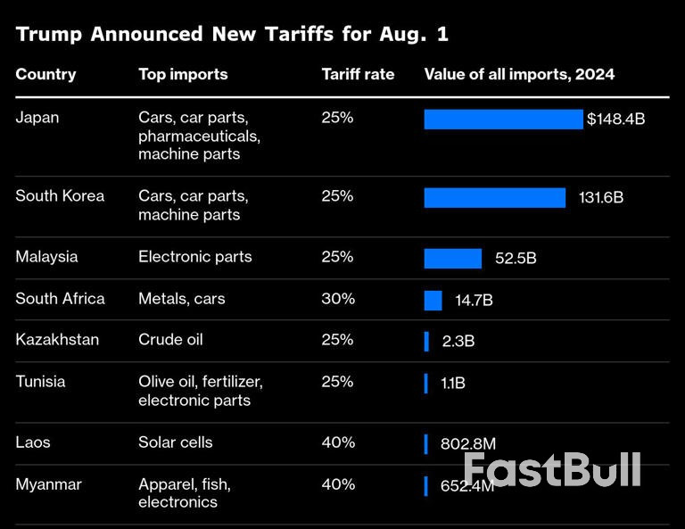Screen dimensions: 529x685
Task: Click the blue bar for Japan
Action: (503, 119)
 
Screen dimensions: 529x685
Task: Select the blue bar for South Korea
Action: (494, 197)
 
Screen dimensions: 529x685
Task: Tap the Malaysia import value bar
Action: (452, 258)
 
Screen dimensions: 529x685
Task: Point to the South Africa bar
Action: (433, 300)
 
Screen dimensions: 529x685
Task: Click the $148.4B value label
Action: (615, 119)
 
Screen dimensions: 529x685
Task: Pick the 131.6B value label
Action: (600, 197)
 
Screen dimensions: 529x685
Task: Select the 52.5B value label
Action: (516, 258)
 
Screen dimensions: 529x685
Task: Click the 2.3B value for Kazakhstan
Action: (458, 341)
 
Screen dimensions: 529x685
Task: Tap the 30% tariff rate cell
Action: (337, 299)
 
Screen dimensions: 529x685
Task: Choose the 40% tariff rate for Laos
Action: (337, 442)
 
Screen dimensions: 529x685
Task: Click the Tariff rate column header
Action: (358, 74)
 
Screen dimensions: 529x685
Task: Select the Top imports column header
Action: (183, 74)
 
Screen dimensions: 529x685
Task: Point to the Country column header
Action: (45, 74)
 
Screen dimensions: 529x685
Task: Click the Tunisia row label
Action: (40, 382)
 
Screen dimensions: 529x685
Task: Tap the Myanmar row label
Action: (48, 484)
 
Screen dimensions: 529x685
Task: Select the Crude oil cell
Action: (170, 340)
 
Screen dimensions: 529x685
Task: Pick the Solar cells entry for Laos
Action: (176, 442)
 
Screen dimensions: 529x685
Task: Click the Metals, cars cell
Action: (182, 299)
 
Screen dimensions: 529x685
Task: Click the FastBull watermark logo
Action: (552, 469)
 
